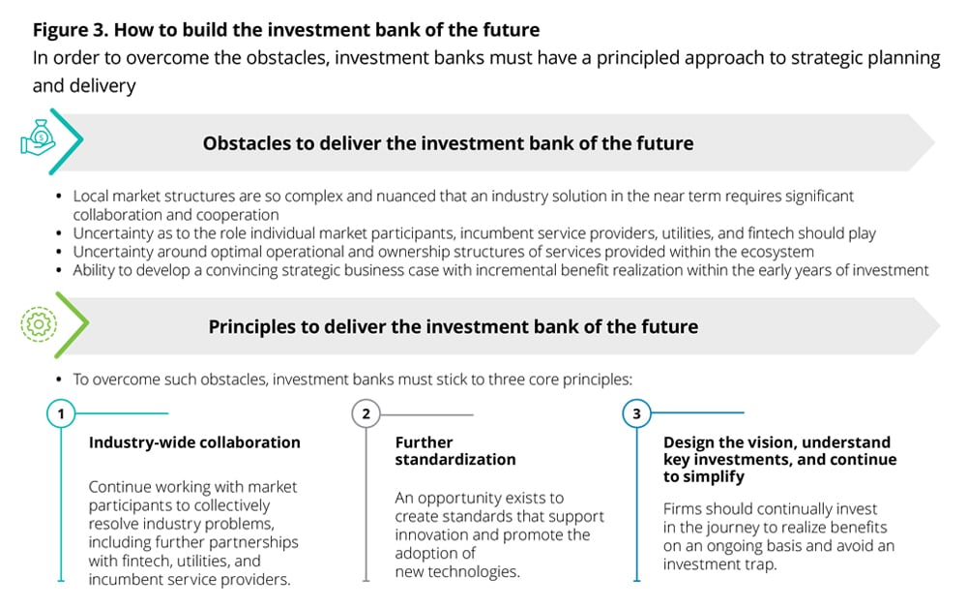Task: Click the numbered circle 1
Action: (60, 413)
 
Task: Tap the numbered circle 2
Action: (366, 413)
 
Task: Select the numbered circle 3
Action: (636, 413)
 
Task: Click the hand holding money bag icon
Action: (39, 137)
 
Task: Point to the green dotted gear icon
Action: (39, 324)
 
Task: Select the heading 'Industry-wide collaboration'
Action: (194, 441)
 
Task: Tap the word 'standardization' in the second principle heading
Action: (455, 459)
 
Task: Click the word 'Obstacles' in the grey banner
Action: (247, 143)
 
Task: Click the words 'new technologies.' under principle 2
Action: (457, 571)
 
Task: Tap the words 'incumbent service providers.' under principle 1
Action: (190, 580)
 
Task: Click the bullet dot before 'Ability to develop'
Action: (59, 270)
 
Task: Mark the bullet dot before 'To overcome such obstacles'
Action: (59, 379)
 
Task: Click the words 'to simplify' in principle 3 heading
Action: (704, 476)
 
